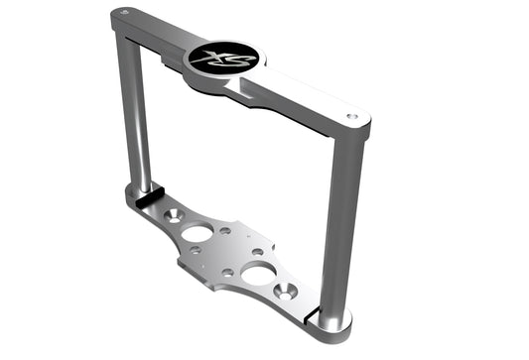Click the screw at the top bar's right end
pyautogui.click(x=352, y=116)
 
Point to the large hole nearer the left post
pyautogui.click(x=198, y=234)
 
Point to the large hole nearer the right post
pyautogui.click(x=260, y=275)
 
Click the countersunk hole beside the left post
pyautogui.click(x=174, y=214)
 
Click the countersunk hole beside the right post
pyautogui.click(x=290, y=292)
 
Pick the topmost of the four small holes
pyautogui.click(x=226, y=230)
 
